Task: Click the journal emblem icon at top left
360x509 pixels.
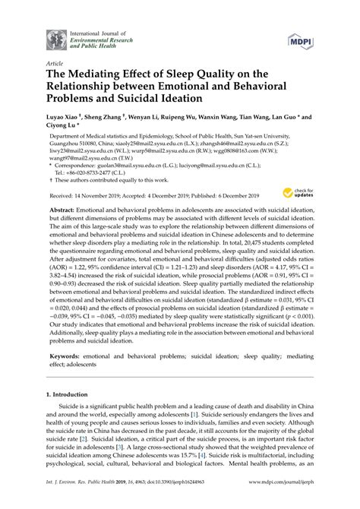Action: coord(56,37)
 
